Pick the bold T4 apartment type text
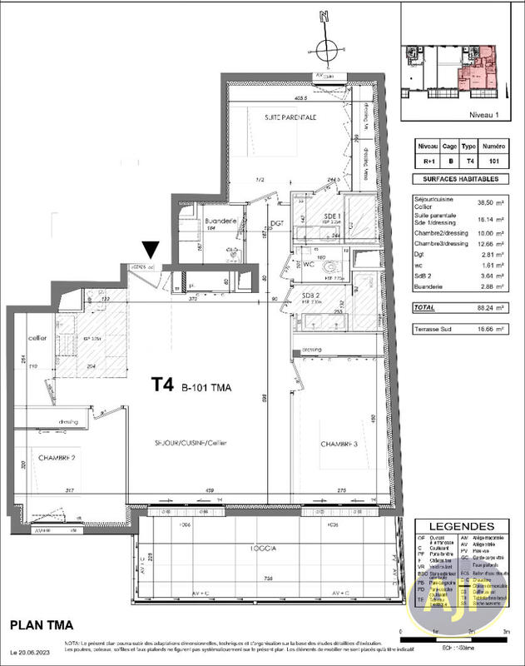click(x=163, y=385)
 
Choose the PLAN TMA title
click(x=42, y=624)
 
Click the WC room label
click(x=308, y=264)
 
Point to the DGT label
click(x=277, y=223)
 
